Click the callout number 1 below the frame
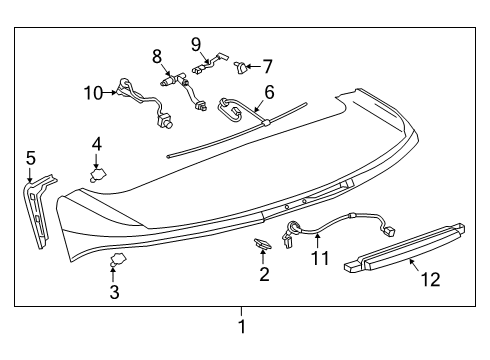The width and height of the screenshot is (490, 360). (x=240, y=326)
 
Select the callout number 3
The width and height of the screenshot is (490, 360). (x=114, y=292)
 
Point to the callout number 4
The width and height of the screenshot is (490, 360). (x=96, y=144)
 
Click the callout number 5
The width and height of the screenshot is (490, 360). (x=30, y=157)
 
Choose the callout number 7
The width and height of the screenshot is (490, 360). (x=266, y=66)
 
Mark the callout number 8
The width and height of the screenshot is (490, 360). (x=157, y=54)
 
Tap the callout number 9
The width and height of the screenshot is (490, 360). (x=196, y=43)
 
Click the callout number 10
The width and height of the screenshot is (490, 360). (x=93, y=93)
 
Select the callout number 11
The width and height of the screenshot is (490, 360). (x=318, y=259)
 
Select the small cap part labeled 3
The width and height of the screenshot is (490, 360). (x=118, y=262)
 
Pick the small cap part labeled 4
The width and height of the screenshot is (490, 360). (x=100, y=175)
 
